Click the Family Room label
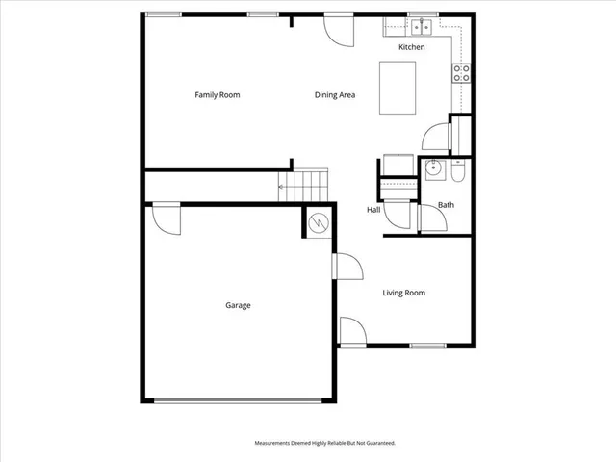(x=217, y=95)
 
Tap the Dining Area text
(x=335, y=95)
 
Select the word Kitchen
(x=412, y=47)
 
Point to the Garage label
(x=238, y=305)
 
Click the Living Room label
(x=403, y=293)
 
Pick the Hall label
(x=373, y=210)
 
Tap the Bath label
(x=446, y=205)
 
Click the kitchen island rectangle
(x=398, y=88)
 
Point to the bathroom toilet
(x=457, y=171)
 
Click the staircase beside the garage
(x=304, y=185)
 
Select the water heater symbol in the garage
(x=319, y=223)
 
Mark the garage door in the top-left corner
(x=167, y=218)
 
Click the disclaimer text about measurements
(x=324, y=443)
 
